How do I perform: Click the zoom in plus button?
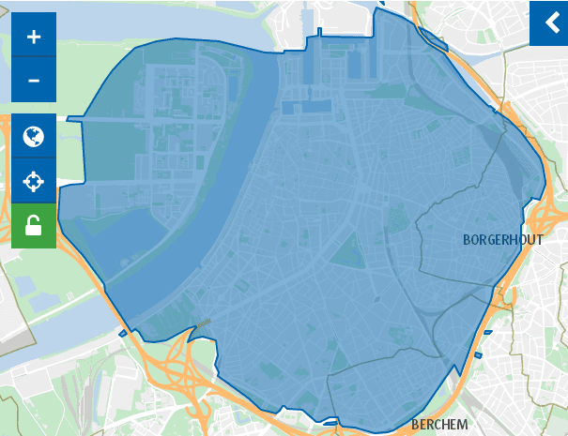[x=34, y=37]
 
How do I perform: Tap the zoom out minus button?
[x=34, y=81]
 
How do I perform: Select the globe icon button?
[x=34, y=137]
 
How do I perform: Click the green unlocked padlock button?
[x=34, y=226]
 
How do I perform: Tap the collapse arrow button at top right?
[x=549, y=24]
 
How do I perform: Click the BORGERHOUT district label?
[x=503, y=240]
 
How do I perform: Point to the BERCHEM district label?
[x=439, y=425]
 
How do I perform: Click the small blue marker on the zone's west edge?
[x=123, y=333]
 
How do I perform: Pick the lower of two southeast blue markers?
[x=479, y=354]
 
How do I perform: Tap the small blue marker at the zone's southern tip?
[x=329, y=424]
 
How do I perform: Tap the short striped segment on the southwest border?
[x=202, y=323]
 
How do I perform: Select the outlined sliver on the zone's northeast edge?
[x=433, y=38]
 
